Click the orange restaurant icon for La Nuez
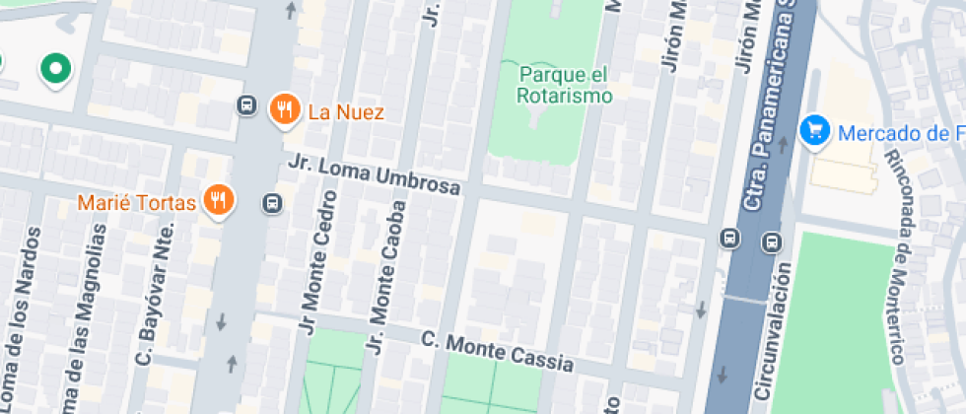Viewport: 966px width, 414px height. [x=284, y=109]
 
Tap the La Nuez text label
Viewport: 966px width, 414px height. [x=345, y=111]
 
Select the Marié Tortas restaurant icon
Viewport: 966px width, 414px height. [x=218, y=201]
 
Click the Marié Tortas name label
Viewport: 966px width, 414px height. [x=138, y=203]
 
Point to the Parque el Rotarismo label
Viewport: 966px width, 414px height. [x=564, y=85]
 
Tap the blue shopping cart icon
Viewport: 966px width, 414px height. [x=814, y=129]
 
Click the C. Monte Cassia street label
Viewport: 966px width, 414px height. [x=497, y=352]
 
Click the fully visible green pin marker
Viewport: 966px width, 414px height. [x=56, y=69]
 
